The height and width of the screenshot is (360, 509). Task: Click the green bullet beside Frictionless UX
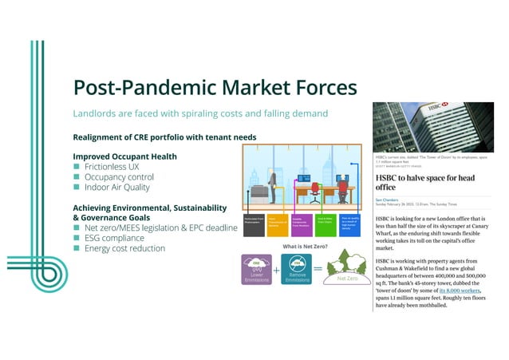77,167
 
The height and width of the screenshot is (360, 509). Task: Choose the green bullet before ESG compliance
77,238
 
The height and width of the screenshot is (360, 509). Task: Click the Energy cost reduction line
124,248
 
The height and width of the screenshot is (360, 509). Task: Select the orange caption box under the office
277,224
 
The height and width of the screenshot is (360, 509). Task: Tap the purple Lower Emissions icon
257,269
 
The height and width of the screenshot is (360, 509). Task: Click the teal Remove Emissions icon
298,269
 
